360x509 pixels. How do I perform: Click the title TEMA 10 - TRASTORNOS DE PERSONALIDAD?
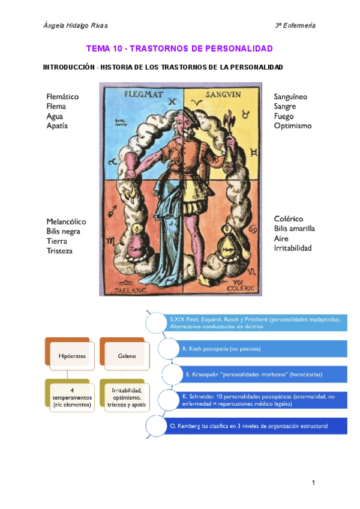tap(179, 48)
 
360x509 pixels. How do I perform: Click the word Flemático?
tap(62, 97)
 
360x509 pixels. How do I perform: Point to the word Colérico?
tap(289, 219)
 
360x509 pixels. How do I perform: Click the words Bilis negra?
tap(64, 231)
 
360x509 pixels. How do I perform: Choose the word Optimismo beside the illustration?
tap(293, 126)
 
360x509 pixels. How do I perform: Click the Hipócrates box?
tap(68, 356)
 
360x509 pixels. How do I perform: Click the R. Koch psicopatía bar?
tap(252, 348)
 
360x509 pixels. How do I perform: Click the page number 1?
tap(313, 483)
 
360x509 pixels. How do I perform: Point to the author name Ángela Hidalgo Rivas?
tap(76, 25)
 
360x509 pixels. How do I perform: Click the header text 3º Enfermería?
tap(295, 25)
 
